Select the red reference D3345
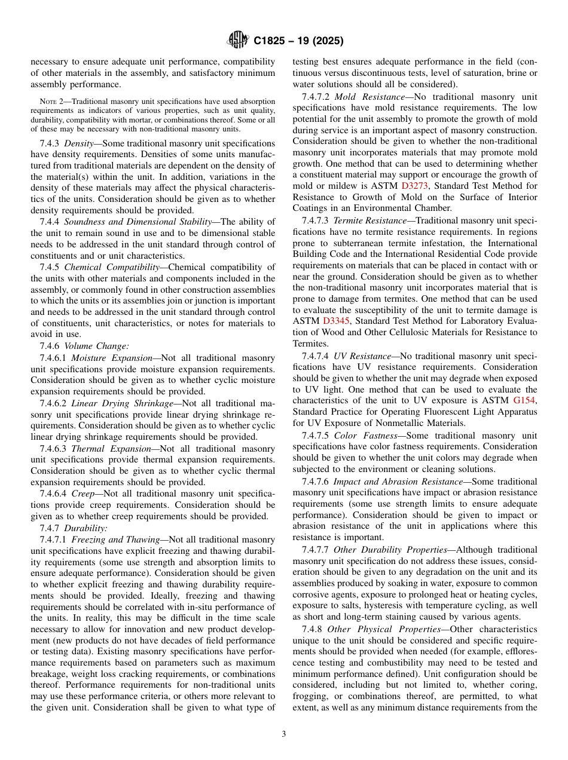[x=336, y=321]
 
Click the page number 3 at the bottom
[x=284, y=734]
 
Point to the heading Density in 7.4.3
[x=78, y=143]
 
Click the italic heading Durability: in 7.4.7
[x=85, y=528]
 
